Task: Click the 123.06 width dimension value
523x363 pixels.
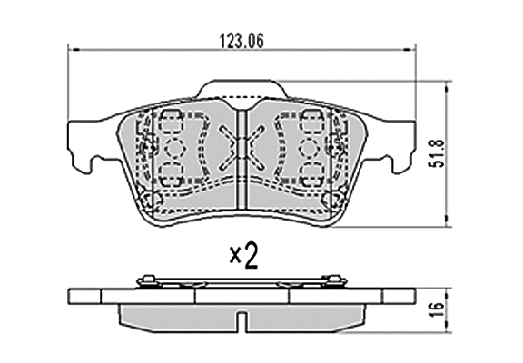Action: point(242,42)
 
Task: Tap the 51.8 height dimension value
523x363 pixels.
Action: point(439,153)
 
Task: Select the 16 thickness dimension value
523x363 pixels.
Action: point(439,309)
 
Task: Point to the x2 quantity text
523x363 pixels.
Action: point(244,257)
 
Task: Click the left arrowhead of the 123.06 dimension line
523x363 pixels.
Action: point(74,50)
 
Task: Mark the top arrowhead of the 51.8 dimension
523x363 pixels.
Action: point(447,87)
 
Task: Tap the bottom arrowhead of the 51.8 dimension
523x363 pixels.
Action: point(447,221)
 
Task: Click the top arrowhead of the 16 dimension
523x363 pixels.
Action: point(447,292)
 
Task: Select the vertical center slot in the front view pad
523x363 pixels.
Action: point(242,160)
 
